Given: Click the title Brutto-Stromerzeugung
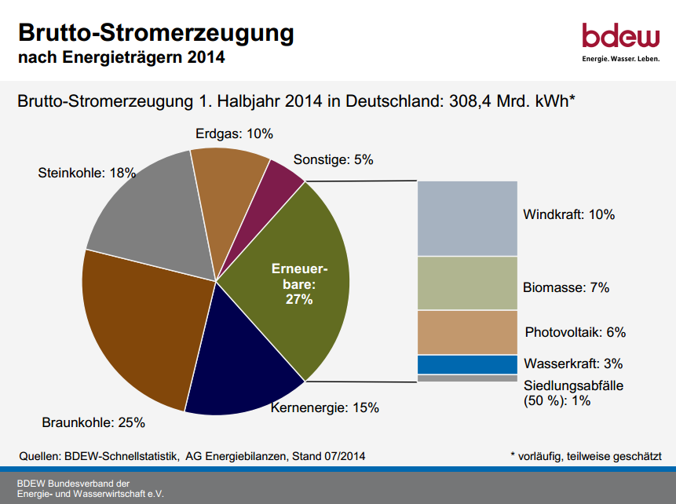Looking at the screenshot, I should point(155,33).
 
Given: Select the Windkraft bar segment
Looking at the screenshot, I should point(467,218).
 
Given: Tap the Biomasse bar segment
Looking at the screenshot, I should point(467,283).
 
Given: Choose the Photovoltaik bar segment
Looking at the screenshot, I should point(467,332).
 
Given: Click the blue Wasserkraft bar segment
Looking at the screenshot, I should point(467,364).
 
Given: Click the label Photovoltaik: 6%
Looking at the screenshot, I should point(575,332).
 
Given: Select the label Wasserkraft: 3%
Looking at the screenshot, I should point(573,364).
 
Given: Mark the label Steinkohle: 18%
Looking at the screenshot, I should point(86,173).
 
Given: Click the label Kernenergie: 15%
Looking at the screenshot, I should point(325,408).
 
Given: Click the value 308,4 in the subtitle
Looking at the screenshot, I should point(470,101).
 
